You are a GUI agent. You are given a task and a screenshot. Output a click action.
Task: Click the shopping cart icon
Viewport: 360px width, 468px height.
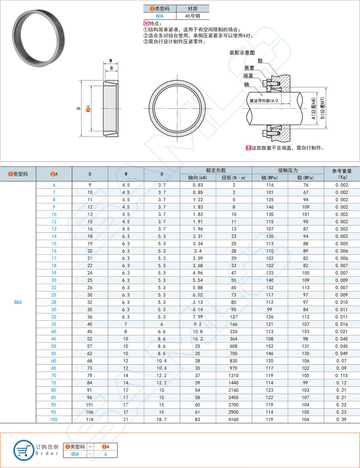point(23,449)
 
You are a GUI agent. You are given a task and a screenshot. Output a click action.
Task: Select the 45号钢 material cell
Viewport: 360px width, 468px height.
point(192,16)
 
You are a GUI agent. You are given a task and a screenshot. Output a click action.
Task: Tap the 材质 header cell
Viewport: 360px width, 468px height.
point(192,8)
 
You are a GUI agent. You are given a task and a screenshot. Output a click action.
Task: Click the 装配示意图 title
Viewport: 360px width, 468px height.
point(242,53)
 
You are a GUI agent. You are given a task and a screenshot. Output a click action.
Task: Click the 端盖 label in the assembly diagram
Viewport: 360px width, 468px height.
point(249,76)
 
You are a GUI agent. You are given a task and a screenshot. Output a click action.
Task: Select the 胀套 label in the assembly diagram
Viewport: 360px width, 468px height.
point(249,68)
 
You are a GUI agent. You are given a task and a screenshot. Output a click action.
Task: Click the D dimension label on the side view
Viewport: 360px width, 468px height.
point(79,108)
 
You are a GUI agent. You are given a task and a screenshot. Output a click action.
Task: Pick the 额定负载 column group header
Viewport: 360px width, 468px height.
point(216,170)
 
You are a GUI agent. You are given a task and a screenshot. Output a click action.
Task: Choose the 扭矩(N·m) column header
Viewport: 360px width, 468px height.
point(234,178)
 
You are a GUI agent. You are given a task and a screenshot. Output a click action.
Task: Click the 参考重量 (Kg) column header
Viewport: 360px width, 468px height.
point(341,174)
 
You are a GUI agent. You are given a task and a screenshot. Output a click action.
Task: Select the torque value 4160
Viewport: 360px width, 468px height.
point(234,419)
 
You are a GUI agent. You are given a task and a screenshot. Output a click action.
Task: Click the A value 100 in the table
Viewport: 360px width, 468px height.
point(54,419)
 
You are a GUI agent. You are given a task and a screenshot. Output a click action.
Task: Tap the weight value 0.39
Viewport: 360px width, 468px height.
point(341,419)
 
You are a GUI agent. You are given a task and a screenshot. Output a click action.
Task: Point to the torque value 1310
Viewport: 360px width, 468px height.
point(234,375)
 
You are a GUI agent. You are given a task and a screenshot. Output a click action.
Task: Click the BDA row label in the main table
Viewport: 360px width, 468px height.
point(18,302)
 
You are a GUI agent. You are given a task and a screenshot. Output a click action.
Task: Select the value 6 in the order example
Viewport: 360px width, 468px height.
point(106,454)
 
